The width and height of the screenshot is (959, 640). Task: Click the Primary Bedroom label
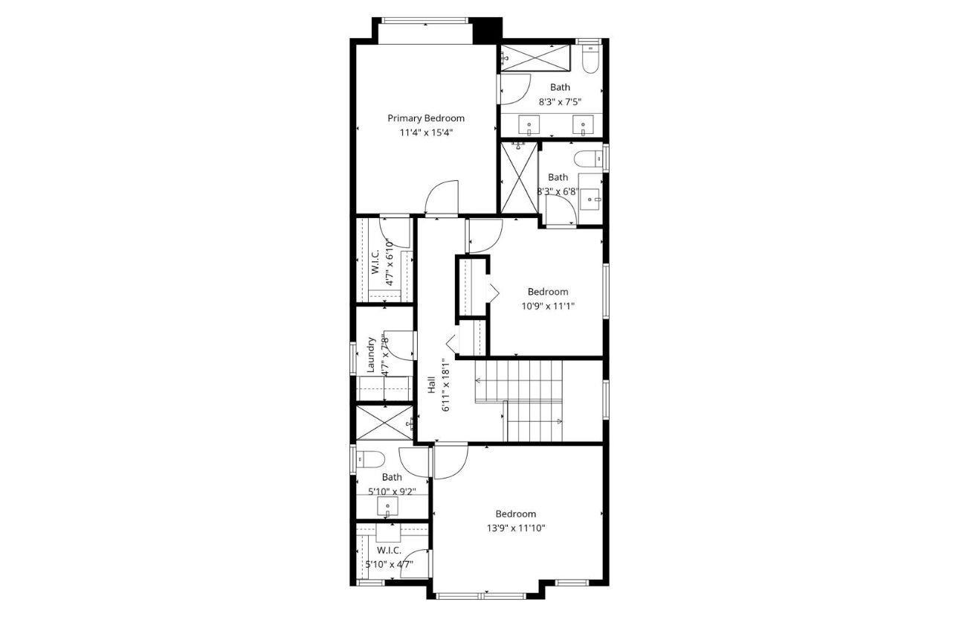click(426, 118)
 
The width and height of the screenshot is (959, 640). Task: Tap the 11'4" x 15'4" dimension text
click(426, 132)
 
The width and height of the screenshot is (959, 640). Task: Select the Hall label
click(432, 385)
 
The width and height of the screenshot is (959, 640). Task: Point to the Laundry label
click(371, 356)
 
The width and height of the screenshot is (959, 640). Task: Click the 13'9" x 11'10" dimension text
click(515, 528)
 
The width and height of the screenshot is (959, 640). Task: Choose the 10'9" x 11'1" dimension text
click(547, 306)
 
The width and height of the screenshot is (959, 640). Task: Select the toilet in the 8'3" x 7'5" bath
click(591, 60)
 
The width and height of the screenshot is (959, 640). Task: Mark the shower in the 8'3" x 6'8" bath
click(517, 176)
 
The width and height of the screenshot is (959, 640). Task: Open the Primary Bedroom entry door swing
click(442, 199)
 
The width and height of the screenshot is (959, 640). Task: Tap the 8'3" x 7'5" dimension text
click(561, 102)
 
